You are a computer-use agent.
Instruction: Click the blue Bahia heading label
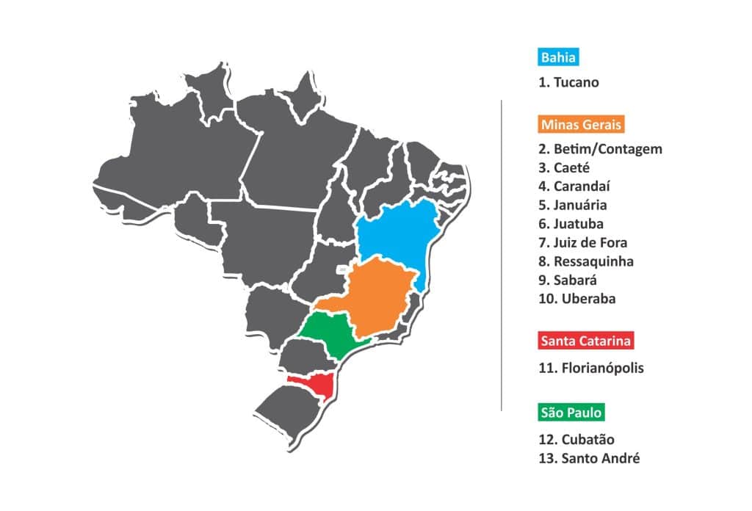(x=559, y=57)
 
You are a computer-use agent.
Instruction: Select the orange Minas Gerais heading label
(x=581, y=124)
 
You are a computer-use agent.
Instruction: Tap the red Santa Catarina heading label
(x=585, y=341)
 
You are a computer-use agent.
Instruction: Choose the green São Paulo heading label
(x=571, y=413)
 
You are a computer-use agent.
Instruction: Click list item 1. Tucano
(x=568, y=82)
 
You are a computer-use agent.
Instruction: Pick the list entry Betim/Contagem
(x=600, y=149)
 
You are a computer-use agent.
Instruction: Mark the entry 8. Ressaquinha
(x=586, y=261)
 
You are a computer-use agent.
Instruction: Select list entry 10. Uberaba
(x=577, y=299)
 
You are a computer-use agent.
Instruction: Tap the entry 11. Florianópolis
(x=591, y=368)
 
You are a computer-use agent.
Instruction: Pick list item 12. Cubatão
(x=576, y=440)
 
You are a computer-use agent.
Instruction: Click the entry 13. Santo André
(x=589, y=459)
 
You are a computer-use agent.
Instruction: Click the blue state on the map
(x=397, y=235)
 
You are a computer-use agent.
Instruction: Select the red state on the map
(x=322, y=383)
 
